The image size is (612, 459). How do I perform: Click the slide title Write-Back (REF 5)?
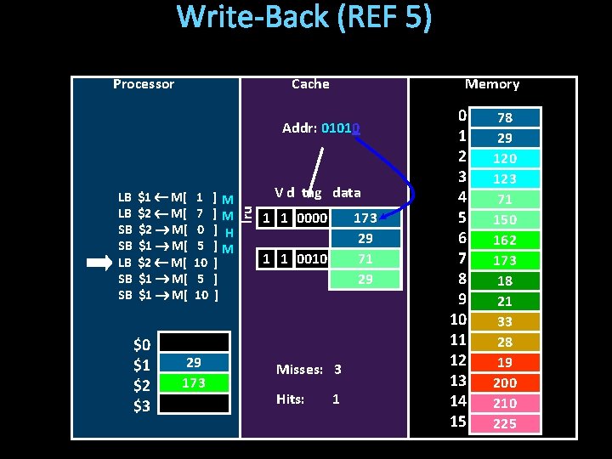(x=304, y=18)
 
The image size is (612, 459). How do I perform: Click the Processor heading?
(x=144, y=84)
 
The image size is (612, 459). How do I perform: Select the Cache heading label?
(x=310, y=84)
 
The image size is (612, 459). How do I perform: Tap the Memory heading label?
(x=491, y=84)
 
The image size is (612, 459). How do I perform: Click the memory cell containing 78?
(x=505, y=117)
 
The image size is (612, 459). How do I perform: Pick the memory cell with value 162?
(x=505, y=240)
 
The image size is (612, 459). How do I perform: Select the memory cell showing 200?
(x=505, y=382)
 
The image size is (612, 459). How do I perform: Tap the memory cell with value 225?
(x=505, y=423)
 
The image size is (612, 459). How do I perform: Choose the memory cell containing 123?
(x=505, y=178)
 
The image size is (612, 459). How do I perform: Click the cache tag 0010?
(x=313, y=258)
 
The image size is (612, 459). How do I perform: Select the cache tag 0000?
(x=313, y=218)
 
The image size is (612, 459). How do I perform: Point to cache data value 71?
(x=365, y=258)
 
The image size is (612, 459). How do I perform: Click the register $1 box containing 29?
(x=194, y=362)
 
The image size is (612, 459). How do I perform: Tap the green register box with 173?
(x=194, y=382)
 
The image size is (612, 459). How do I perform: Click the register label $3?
(x=142, y=405)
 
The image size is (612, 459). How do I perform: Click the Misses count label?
(x=299, y=370)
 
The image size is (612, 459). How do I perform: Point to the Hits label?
(x=290, y=399)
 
